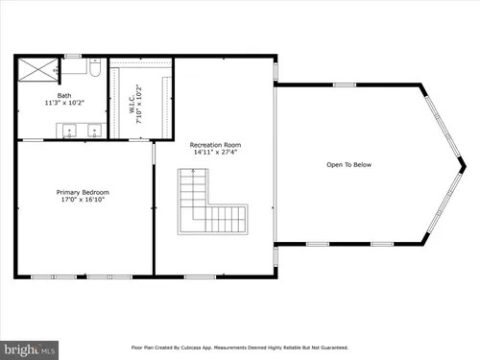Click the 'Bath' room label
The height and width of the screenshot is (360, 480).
point(64,95)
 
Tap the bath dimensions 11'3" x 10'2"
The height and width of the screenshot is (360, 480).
point(64,103)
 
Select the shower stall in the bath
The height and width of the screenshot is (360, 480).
point(37,69)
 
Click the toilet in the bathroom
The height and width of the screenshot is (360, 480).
point(95,67)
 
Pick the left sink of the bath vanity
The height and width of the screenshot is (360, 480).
point(69,131)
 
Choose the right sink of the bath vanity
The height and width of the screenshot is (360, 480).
point(94,131)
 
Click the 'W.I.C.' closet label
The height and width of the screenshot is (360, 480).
point(132,104)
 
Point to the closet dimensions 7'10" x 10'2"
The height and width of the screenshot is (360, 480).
point(139,104)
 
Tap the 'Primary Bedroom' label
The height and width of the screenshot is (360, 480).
point(83,192)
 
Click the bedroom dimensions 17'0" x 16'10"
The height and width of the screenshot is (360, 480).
point(83,200)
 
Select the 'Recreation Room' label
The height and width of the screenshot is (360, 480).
point(215,145)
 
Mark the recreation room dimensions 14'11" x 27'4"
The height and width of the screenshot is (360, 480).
point(215,153)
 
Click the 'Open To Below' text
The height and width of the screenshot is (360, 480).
point(348,165)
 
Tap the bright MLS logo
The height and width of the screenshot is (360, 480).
point(29,350)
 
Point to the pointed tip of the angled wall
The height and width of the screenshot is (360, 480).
point(466,166)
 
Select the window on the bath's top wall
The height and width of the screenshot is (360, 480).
point(73,57)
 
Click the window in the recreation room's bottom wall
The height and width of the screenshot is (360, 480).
point(201,277)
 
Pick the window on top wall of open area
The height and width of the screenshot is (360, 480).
point(345,84)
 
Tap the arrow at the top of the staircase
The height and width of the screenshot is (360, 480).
point(193,172)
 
